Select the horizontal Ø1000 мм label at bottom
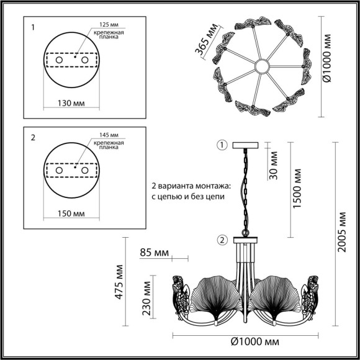[x=254, y=342]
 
